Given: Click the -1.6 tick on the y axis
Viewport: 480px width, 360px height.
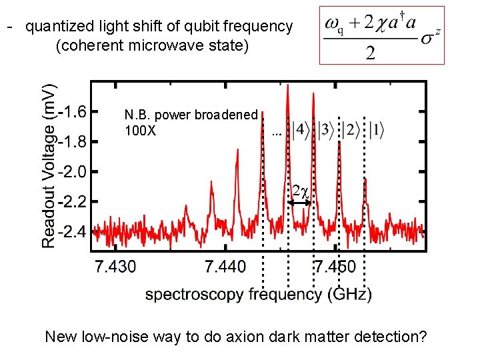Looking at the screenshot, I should [76, 111].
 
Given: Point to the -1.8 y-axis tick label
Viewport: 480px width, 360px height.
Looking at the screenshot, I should [76, 141].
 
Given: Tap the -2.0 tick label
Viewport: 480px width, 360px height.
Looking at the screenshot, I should [76, 171].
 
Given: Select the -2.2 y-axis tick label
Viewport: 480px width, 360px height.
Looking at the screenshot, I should [76, 201].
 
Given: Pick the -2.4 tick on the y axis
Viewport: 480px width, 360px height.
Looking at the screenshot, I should [76, 232].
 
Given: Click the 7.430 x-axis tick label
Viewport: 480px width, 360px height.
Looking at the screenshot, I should [116, 267].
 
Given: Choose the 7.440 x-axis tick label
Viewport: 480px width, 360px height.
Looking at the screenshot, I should [225, 267].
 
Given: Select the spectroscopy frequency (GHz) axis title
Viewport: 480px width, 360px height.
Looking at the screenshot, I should [259, 293].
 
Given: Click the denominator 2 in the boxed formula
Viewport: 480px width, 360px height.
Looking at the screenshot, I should [370, 53].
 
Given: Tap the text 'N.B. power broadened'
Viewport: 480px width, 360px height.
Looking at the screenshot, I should [191, 115].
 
